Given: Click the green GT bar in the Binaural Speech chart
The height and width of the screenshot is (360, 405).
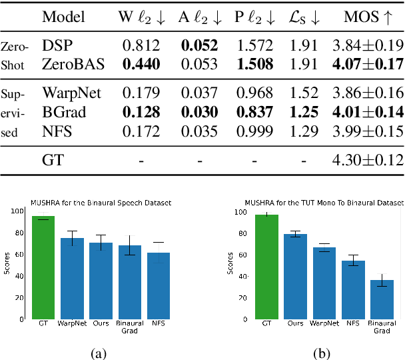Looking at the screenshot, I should [x=43, y=267].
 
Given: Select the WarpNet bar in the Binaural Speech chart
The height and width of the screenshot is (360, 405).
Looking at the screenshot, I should [x=73, y=278].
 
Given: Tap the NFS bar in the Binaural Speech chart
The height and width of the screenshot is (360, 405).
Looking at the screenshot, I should [x=159, y=285].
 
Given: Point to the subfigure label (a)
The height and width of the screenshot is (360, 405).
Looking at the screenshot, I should [x=101, y=353].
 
